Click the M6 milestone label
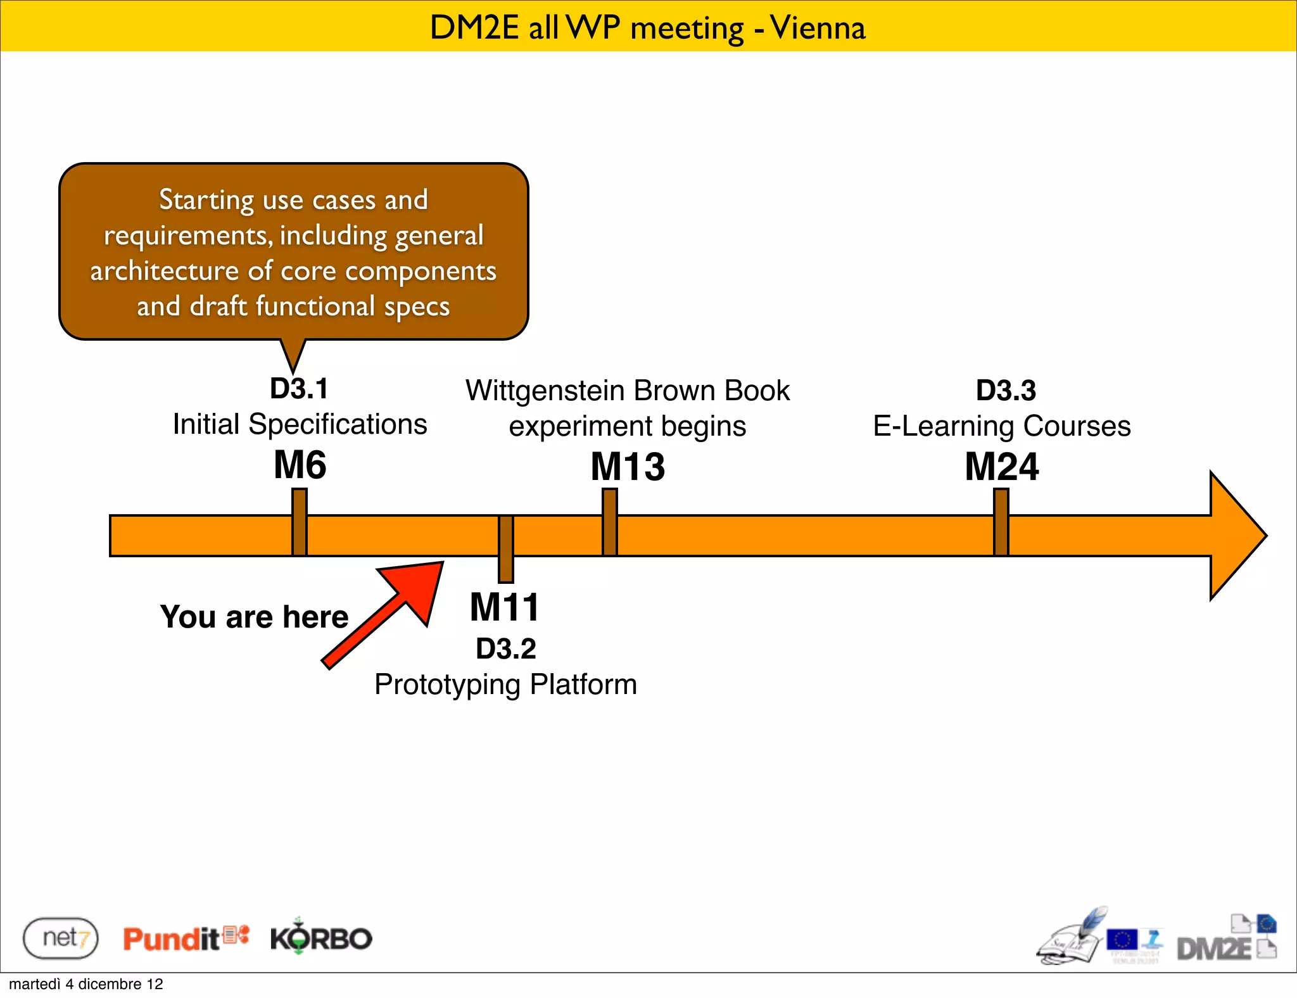(x=300, y=465)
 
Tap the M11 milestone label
(x=504, y=607)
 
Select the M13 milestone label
(x=628, y=467)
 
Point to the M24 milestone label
(x=1001, y=467)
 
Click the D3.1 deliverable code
(x=299, y=389)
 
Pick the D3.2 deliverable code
(x=505, y=648)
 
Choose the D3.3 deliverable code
(x=1006, y=390)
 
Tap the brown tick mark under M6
(x=300, y=522)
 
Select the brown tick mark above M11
(x=505, y=548)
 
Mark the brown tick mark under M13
(x=609, y=522)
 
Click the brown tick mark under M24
(x=1001, y=522)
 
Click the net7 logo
(x=61, y=938)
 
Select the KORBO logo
(x=321, y=937)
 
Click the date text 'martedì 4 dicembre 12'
(x=86, y=984)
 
